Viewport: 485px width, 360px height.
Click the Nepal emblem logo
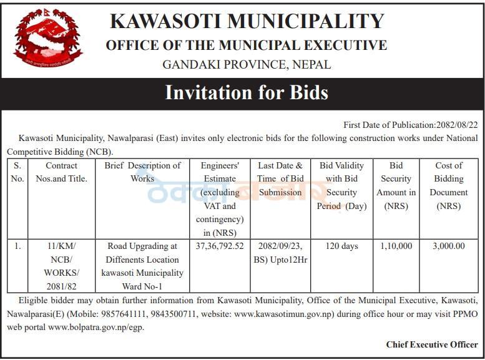[48, 39]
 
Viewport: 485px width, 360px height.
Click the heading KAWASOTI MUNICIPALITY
[247, 21]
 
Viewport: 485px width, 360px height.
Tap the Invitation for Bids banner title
[246, 92]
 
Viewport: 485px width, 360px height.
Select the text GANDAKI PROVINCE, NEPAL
[247, 64]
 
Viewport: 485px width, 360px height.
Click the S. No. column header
[17, 172]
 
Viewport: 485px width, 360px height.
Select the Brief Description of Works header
[142, 172]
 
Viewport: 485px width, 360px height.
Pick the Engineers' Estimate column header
[220, 198]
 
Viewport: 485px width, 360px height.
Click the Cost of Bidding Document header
[449, 185]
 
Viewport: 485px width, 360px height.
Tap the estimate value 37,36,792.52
[220, 246]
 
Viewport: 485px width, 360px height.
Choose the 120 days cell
[341, 246]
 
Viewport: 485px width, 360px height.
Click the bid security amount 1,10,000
[396, 246]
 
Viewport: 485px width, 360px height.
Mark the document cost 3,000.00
[449, 246]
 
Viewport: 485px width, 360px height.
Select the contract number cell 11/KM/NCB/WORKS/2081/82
[61, 266]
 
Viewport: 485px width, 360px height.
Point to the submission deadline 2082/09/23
[280, 246]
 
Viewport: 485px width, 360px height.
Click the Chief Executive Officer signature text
[432, 344]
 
